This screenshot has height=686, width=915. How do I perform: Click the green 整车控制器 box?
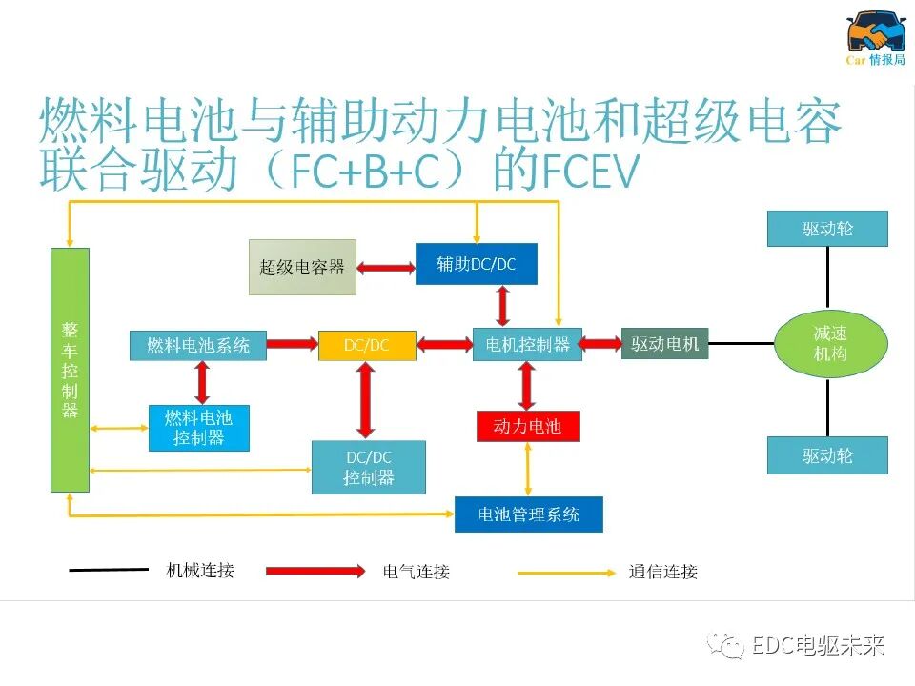click(x=70, y=370)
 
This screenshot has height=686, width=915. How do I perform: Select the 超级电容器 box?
click(x=302, y=267)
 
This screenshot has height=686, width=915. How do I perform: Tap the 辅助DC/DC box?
click(x=476, y=264)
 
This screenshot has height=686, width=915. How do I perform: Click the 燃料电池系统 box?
click(x=198, y=345)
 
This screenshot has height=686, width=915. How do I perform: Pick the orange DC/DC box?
click(x=367, y=345)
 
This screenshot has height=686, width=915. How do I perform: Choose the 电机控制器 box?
click(x=527, y=345)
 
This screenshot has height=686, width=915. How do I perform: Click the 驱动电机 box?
click(x=665, y=344)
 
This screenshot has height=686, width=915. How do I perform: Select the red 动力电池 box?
click(x=528, y=426)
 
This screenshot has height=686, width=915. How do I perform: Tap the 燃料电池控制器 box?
click(x=198, y=428)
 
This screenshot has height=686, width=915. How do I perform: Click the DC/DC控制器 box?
click(x=369, y=467)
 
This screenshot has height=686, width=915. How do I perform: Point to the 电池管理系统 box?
click(x=529, y=514)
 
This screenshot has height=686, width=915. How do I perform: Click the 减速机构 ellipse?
click(x=830, y=344)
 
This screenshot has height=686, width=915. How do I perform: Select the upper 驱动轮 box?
click(x=827, y=229)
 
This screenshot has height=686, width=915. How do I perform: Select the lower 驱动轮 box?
click(x=827, y=455)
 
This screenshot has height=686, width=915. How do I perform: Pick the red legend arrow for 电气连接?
click(x=315, y=572)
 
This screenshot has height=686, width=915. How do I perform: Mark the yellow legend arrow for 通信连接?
click(x=567, y=573)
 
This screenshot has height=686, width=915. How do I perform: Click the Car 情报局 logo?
click(x=876, y=39)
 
